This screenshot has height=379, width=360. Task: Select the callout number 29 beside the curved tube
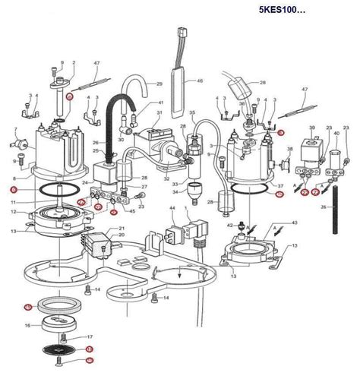pyautogui.click(x=159, y=83)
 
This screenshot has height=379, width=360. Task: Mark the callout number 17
pyautogui.click(x=89, y=336)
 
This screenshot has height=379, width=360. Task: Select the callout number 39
pyautogui.click(x=312, y=128)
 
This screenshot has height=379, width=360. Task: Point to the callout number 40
pyautogui.click(x=337, y=134)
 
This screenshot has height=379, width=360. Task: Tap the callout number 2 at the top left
pyautogui.click(x=73, y=62)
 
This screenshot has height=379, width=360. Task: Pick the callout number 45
pyautogui.click(x=133, y=211)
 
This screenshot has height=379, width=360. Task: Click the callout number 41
pyautogui.click(x=160, y=103)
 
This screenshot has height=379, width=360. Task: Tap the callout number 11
pyautogui.click(x=14, y=204)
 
